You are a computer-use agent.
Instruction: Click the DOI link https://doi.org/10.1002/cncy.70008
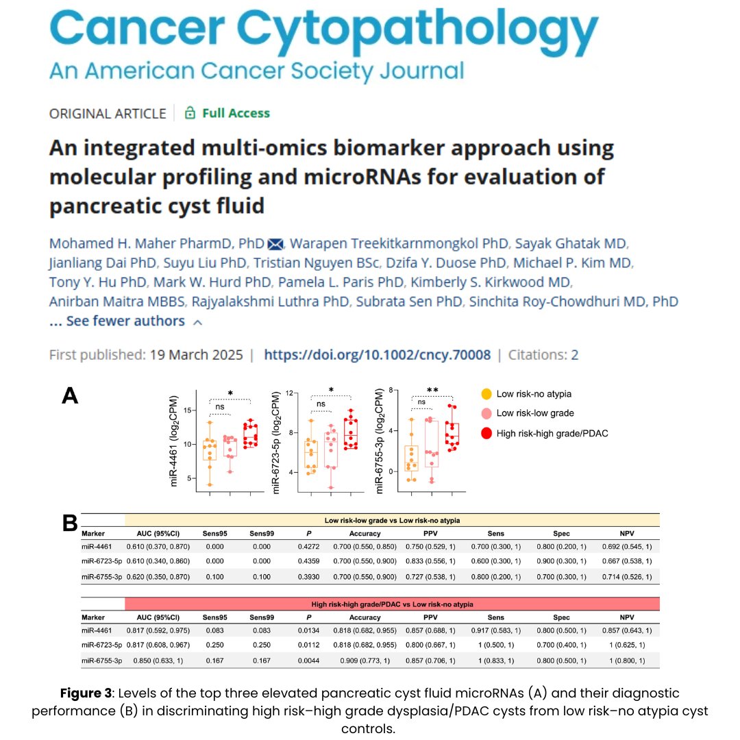coord(377,355)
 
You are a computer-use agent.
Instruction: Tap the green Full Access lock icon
coord(190,113)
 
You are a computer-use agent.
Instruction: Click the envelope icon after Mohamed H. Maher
coord(275,244)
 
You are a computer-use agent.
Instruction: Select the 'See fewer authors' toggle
coord(125,321)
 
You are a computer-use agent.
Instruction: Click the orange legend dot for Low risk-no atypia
coord(486,394)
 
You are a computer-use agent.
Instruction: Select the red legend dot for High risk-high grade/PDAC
coord(486,433)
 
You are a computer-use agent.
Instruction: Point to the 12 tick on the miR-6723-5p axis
coord(290,393)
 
